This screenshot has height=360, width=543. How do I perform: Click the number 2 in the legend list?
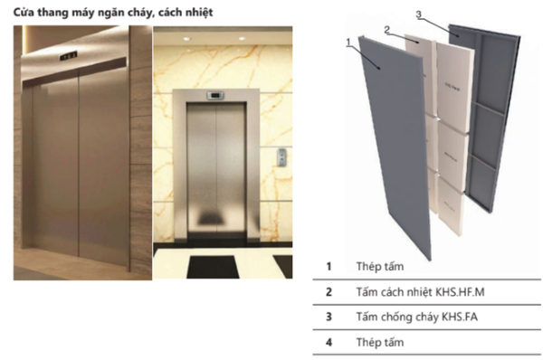[329, 292]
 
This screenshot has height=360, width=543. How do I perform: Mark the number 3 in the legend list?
[329, 317]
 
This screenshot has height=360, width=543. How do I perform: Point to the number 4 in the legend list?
[329, 343]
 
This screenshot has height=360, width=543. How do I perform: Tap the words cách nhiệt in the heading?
[186, 12]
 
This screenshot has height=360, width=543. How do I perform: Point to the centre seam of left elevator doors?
[80, 163]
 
